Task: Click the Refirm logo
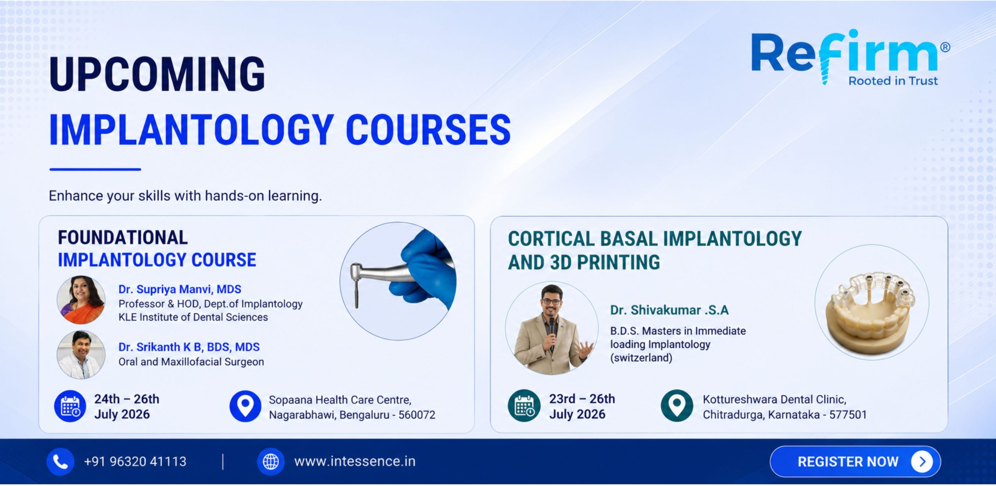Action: pyautogui.click(x=850, y=57)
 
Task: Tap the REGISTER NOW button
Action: pyautogui.click(x=855, y=461)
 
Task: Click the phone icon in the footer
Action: pyautogui.click(x=60, y=462)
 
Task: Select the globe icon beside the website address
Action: pyautogui.click(x=271, y=462)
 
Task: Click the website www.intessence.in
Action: pyautogui.click(x=355, y=461)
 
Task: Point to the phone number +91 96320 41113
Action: pyautogui.click(x=135, y=462)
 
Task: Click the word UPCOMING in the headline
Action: pyautogui.click(x=157, y=74)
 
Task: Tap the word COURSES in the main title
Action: pyautogui.click(x=428, y=130)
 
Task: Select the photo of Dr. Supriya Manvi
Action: pyautogui.click(x=81, y=300)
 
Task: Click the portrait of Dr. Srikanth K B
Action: pyautogui.click(x=81, y=355)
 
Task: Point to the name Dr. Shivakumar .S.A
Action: pyautogui.click(x=669, y=310)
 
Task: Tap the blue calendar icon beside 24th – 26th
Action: pyautogui.click(x=70, y=406)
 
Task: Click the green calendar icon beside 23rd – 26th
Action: pyautogui.click(x=524, y=406)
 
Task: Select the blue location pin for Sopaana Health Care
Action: pyautogui.click(x=245, y=406)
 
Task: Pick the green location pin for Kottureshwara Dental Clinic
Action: pyautogui.click(x=677, y=406)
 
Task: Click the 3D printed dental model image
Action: pyautogui.click(x=872, y=302)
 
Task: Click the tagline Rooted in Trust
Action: pyautogui.click(x=893, y=81)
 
